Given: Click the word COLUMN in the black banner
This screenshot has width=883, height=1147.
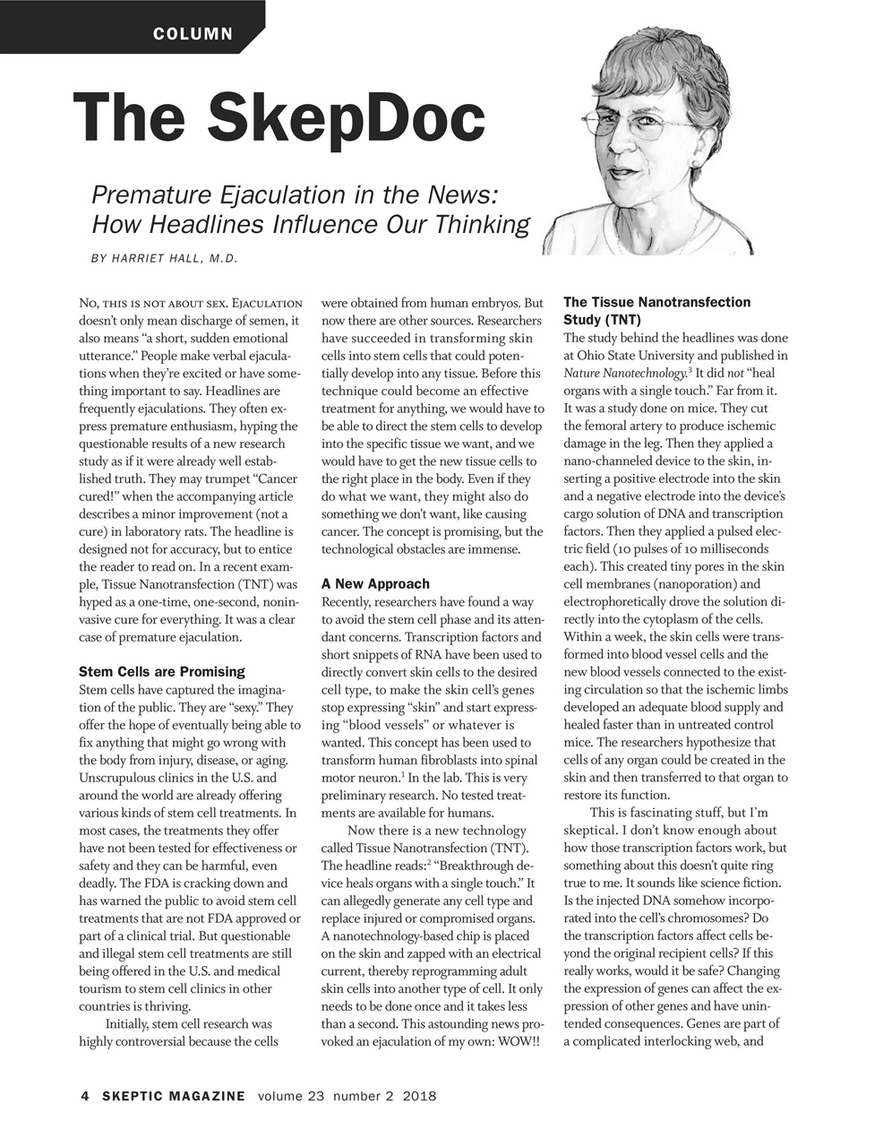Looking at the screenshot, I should tap(193, 34).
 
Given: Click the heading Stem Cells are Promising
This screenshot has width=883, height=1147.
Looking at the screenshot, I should tap(161, 671).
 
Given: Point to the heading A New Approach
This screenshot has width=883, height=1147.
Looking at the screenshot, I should tap(375, 583).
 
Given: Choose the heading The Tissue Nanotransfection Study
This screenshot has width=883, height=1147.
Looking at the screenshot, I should tap(656, 310).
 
